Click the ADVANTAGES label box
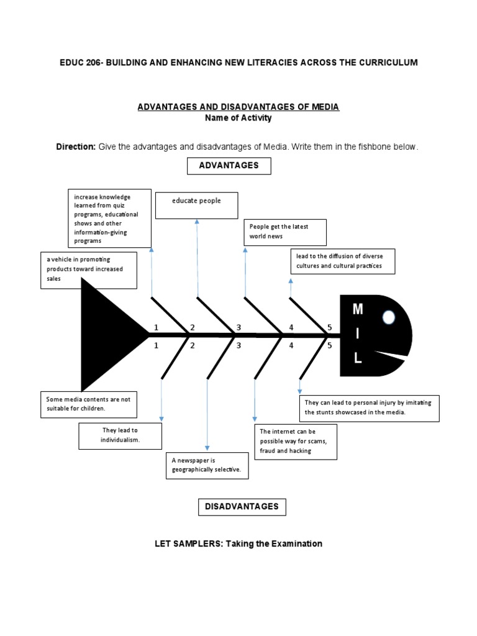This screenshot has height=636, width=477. [229, 166]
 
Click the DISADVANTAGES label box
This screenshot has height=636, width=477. [242, 507]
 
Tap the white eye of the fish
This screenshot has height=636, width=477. [389, 317]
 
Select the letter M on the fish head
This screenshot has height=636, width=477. [357, 309]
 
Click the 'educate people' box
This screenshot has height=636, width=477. [196, 206]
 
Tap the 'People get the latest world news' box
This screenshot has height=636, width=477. [285, 232]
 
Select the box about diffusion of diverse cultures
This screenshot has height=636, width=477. [342, 261]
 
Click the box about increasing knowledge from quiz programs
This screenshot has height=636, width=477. [109, 218]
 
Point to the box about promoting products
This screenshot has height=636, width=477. [88, 270]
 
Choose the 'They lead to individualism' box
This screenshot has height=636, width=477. [120, 435]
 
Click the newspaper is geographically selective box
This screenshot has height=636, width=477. [207, 466]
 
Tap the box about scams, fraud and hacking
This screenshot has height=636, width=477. [295, 442]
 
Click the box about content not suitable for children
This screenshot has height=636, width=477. [89, 404]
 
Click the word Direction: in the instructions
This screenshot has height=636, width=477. [76, 147]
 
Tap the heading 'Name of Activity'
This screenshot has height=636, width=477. [238, 118]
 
